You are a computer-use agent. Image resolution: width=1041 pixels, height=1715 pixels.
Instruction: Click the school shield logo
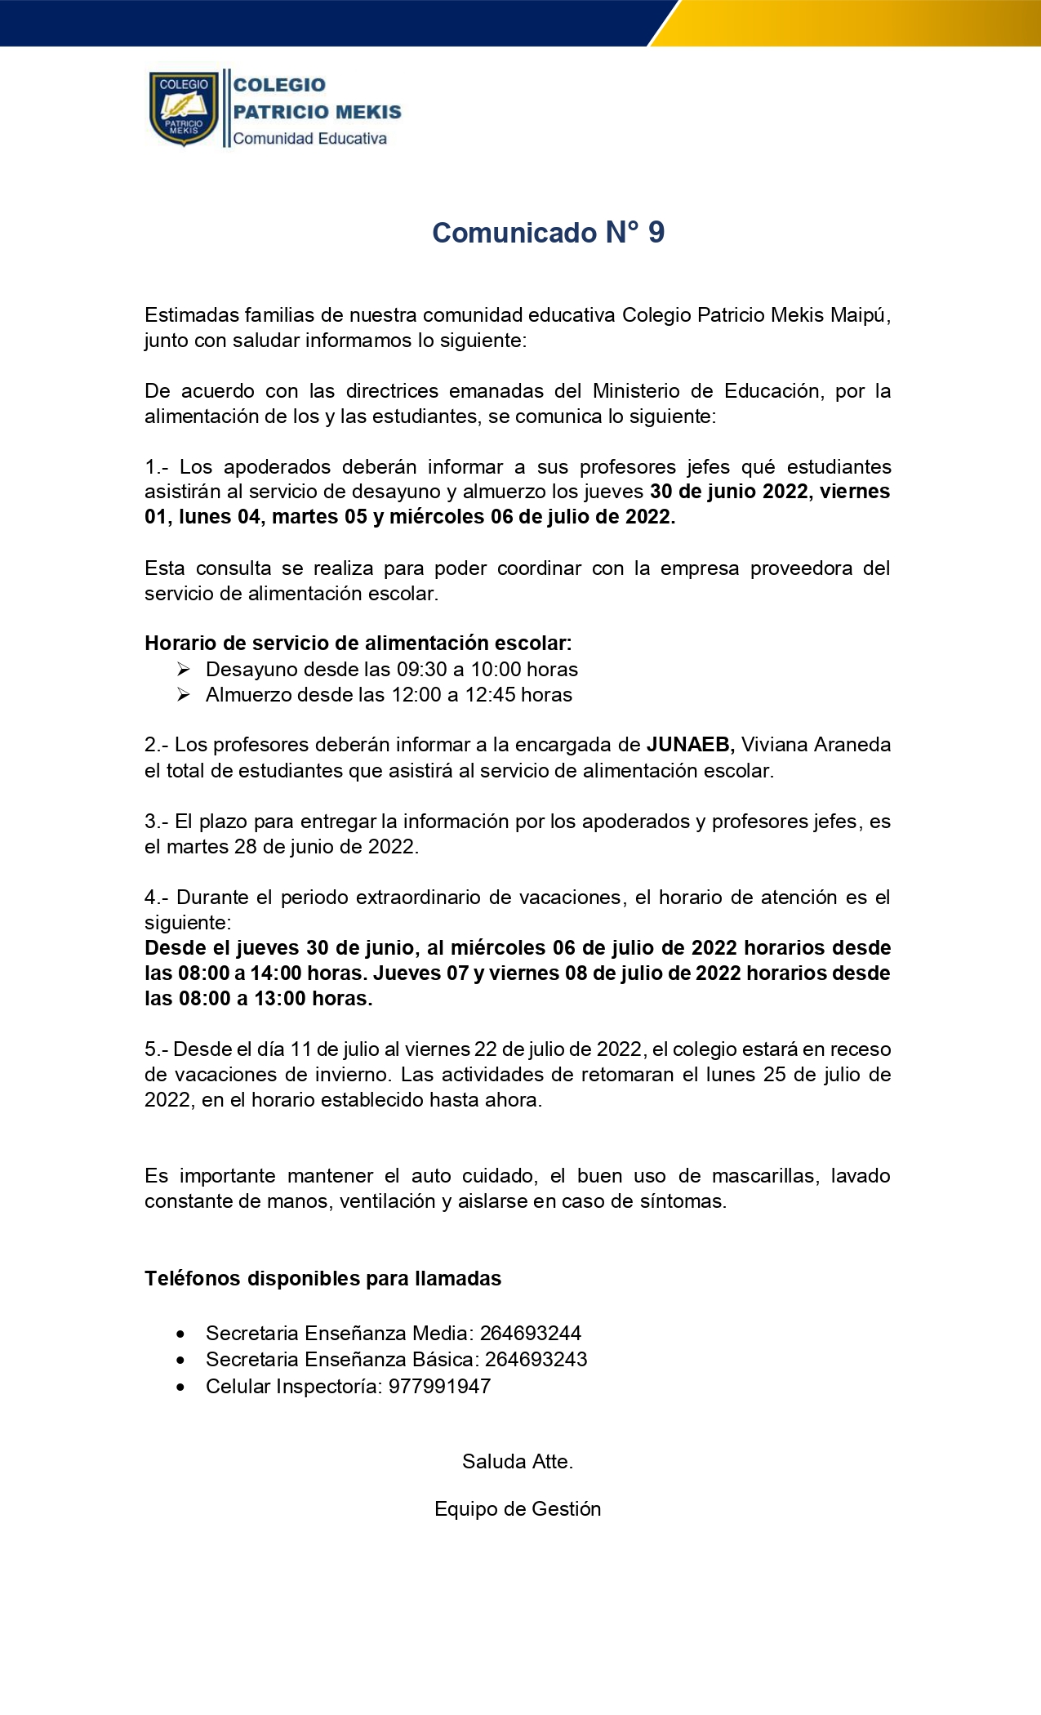point(184,108)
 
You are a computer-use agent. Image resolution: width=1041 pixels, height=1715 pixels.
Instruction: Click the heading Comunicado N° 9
point(548,233)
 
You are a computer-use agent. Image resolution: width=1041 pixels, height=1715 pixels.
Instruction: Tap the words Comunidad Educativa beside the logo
point(309,139)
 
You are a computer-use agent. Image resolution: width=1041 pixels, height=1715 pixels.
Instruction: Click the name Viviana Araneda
point(816,745)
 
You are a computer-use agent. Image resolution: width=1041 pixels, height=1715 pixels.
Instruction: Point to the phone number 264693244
point(531,1333)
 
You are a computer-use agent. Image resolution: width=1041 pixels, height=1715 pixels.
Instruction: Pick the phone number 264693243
point(536,1359)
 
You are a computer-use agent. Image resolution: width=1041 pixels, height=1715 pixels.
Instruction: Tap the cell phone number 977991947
point(439,1386)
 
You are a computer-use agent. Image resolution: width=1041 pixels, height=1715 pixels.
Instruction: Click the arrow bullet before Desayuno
point(184,670)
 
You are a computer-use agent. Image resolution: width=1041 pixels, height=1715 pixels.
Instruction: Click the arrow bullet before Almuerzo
point(184,695)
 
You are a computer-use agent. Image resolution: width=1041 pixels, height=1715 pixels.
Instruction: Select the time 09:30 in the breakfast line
point(422,670)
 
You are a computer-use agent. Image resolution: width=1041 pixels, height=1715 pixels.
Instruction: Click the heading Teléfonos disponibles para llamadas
point(323,1278)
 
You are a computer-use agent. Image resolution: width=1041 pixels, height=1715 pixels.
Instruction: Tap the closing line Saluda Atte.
point(518,1461)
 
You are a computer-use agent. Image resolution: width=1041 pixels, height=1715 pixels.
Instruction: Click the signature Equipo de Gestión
point(518,1508)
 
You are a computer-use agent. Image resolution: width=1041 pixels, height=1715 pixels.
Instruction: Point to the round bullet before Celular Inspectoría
point(180,1386)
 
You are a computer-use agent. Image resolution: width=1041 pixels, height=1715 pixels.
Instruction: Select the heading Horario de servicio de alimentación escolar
point(358,644)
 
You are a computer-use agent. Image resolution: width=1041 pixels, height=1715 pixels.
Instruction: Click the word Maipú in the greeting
point(860,315)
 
